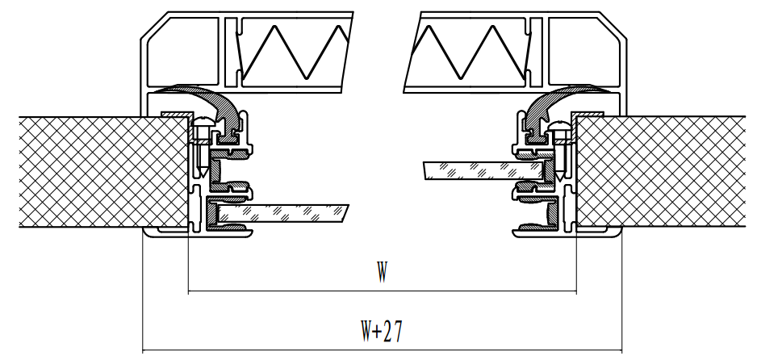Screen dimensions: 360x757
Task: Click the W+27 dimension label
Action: tap(381, 331)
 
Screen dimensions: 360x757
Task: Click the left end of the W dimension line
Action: tap(188, 291)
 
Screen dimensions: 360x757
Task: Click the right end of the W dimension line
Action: tap(576, 291)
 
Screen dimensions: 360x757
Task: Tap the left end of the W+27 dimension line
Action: tap(142, 350)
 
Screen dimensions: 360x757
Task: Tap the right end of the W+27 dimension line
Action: tap(622, 350)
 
